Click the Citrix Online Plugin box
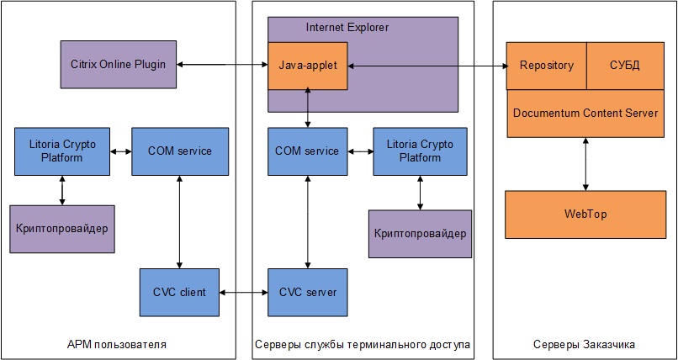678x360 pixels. pos(119,64)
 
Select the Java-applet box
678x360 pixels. pos(307,65)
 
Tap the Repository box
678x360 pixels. pos(546,65)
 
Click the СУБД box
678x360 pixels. pos(623,65)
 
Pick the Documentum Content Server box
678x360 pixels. pos(585,113)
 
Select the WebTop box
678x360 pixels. pos(585,214)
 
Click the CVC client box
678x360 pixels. pos(178,292)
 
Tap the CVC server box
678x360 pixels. pos(307,292)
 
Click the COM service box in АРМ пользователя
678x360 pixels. pos(180,151)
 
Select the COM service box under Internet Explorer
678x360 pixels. pos(307,151)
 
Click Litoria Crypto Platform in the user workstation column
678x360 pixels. pos(61,151)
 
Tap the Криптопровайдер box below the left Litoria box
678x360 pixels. pos(61,229)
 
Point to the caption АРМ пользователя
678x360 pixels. pos(117,345)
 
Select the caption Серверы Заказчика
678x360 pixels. pos(584,345)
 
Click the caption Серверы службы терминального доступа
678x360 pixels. pos(362,345)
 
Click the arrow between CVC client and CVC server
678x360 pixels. pos(243,292)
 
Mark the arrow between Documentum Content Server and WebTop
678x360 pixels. pos(585,164)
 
